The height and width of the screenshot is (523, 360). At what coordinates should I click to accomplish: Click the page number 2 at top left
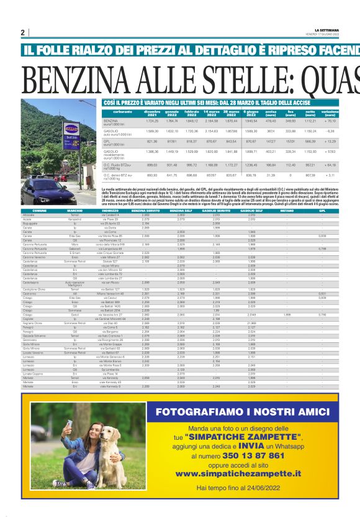22,32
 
